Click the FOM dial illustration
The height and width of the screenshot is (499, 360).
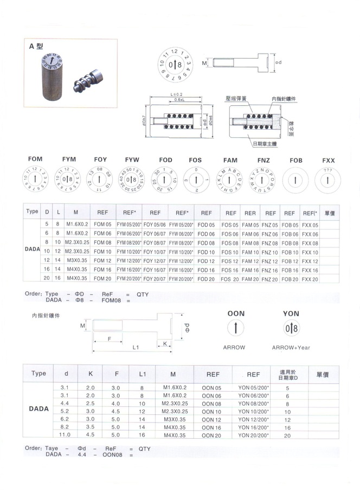35,179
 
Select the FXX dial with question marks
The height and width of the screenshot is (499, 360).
329,179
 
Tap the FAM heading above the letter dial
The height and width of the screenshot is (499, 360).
230,160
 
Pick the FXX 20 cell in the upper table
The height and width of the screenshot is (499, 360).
310,279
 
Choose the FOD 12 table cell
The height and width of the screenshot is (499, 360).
206,260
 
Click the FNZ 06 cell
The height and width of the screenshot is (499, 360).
270,233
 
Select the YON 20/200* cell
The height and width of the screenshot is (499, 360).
254,436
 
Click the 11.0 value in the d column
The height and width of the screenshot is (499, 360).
65,436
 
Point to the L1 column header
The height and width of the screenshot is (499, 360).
142,374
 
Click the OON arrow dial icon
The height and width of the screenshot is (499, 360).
236,328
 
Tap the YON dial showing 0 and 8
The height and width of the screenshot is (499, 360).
291,328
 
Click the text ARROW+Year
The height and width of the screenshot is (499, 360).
291,347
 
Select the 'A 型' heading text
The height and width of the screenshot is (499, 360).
36,47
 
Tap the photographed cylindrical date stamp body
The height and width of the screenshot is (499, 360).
51,80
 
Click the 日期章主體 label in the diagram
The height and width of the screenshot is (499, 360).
264,144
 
